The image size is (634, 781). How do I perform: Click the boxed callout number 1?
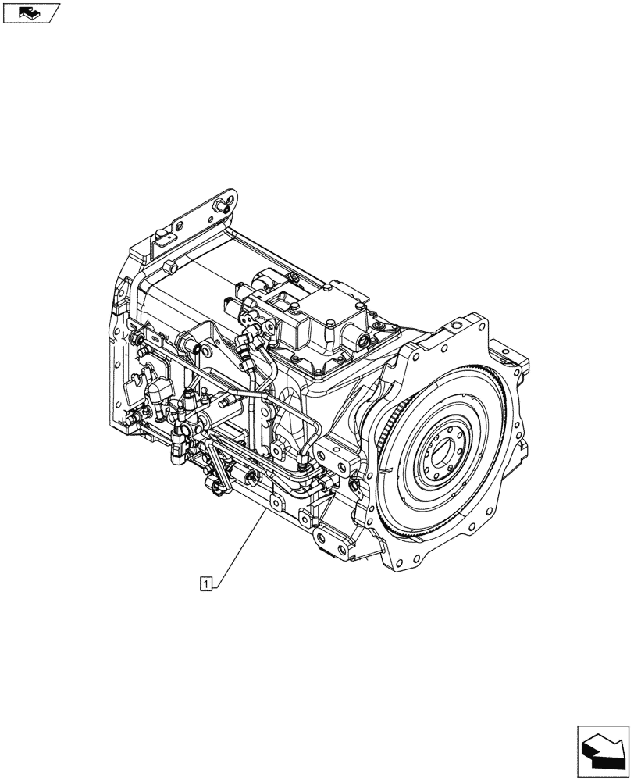[205, 582]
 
